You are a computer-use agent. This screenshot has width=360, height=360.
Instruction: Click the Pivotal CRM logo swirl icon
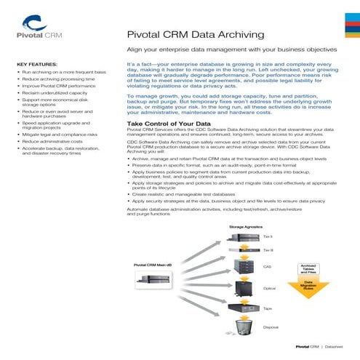[33, 22]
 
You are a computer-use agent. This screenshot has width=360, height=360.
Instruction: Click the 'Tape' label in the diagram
[267, 308]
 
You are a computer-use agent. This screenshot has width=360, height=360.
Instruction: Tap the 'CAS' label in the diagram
[267, 267]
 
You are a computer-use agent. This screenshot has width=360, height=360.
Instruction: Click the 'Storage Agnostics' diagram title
[247, 228]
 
